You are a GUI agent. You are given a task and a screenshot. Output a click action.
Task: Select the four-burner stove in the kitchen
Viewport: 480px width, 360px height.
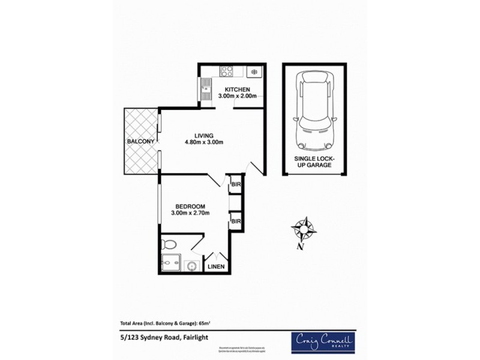pos(227,71)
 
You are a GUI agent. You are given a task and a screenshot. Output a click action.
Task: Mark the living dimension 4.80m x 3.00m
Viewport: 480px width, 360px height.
pos(203,142)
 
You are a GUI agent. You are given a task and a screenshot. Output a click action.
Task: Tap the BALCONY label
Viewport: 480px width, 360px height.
pos(141,141)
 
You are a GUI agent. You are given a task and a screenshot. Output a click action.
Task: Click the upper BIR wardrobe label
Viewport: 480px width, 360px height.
pos(236,185)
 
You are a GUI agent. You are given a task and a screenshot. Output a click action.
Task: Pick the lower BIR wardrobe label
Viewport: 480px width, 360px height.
pos(236,221)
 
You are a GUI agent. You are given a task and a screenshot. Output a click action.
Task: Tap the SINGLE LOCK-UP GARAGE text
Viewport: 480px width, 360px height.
pos(314,161)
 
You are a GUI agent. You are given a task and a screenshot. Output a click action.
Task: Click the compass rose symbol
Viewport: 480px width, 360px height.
pos(304,228)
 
